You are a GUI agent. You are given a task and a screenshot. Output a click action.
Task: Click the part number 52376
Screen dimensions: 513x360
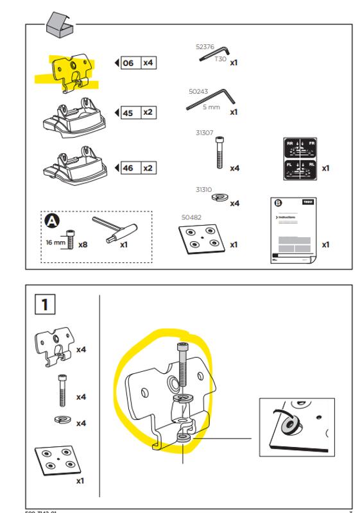point(205,46)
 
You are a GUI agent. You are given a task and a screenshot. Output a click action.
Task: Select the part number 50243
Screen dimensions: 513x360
point(199,92)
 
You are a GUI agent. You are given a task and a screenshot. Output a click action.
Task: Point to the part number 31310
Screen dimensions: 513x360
point(205,190)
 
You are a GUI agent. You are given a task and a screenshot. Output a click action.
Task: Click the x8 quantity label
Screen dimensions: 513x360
point(83,244)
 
